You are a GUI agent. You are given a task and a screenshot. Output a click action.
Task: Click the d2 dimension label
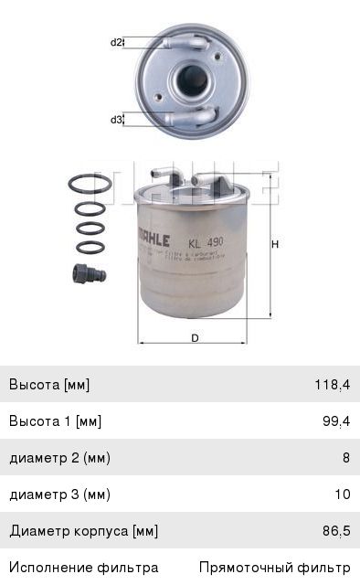116,42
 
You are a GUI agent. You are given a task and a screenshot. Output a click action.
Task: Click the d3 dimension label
116,120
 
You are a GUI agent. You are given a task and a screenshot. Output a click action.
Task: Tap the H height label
274,244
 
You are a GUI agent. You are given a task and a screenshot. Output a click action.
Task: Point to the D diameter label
195,337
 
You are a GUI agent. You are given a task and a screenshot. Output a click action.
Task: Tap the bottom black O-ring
90,247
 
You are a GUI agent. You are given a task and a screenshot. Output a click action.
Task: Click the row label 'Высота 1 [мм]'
55,421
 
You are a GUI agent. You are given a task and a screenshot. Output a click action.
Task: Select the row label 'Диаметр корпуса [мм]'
84,531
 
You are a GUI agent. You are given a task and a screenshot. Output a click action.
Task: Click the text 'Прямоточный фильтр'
275,568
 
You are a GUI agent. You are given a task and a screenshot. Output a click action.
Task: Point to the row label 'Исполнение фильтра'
84,568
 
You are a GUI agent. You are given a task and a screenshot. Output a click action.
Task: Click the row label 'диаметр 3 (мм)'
59,495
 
